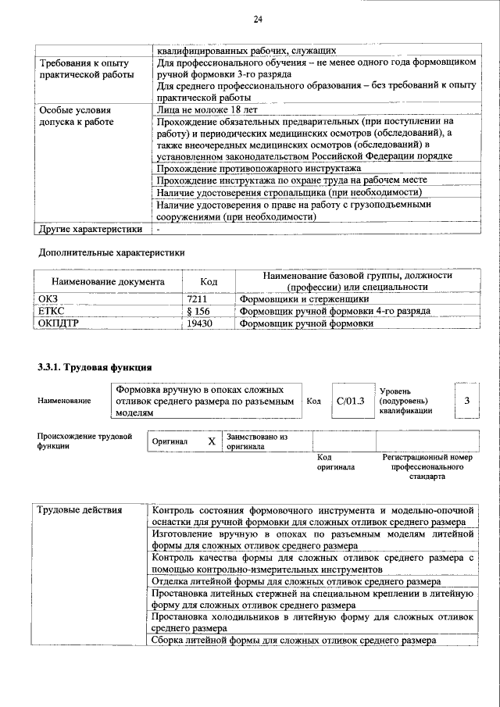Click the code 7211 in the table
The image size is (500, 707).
coord(201,298)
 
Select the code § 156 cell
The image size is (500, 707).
coord(201,310)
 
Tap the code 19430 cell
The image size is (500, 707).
coord(201,322)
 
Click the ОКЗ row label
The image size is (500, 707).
coord(48,298)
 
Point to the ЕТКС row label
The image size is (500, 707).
coord(52,310)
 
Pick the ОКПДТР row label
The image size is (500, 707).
coord(59,322)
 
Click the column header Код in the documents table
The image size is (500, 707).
coord(209,281)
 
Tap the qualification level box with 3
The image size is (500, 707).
coord(466,401)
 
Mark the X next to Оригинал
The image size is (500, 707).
coord(211,441)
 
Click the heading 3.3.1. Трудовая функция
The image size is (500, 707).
coord(94,366)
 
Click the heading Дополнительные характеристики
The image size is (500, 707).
coord(112,252)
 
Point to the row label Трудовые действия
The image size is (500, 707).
coord(80,511)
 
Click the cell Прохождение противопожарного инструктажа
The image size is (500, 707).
coord(258,168)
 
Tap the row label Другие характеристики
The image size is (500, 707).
coord(91,229)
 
